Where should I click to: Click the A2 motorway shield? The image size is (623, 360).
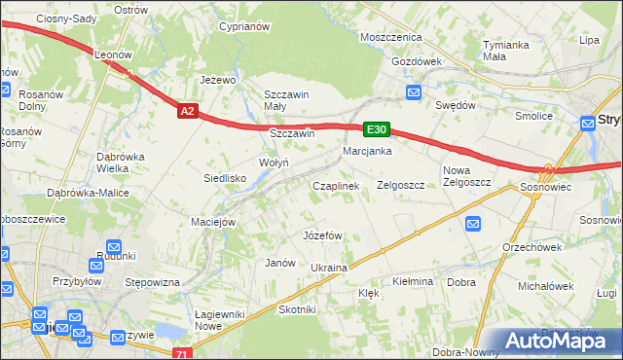189,112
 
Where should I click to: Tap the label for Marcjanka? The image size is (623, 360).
367,151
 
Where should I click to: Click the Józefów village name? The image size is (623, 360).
322,235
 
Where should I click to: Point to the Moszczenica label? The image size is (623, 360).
389,37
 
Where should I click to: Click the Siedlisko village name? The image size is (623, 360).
224,178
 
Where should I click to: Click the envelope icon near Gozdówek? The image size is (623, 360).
413,93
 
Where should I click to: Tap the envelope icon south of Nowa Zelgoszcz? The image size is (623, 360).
473,224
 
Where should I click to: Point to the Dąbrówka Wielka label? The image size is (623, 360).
121,162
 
